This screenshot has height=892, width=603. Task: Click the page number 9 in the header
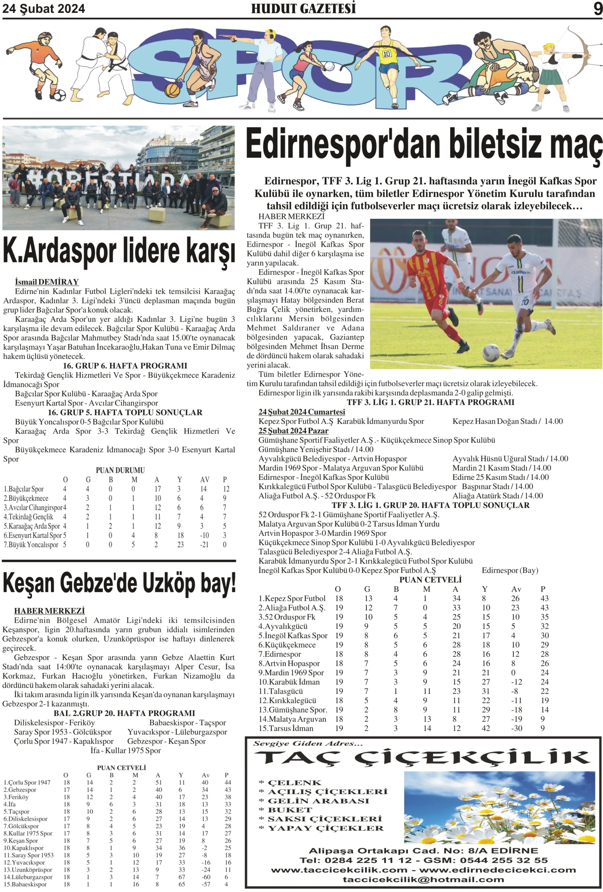(597, 8)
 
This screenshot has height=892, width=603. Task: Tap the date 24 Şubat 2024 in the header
(44, 8)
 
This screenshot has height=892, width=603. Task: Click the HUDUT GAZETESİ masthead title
(303, 8)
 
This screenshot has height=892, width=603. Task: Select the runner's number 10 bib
(387, 54)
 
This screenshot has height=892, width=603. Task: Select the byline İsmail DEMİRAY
(47, 282)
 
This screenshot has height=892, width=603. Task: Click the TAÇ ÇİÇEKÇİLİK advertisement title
(422, 758)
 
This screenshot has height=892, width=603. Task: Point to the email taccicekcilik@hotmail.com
(423, 879)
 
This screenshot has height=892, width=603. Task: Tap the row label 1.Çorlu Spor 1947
(27, 782)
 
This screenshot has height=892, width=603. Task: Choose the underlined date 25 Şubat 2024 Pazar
(293, 431)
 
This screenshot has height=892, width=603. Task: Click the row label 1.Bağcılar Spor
(23, 489)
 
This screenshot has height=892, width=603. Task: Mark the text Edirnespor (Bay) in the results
(509, 570)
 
